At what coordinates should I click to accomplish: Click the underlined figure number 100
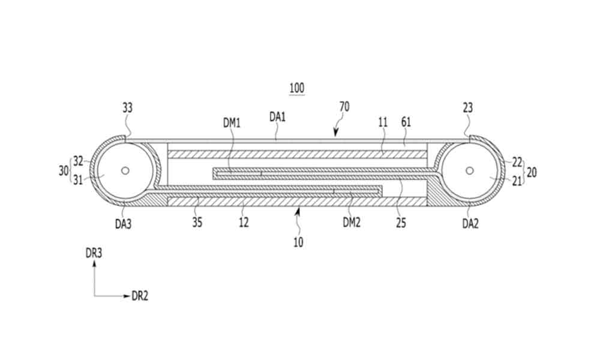(x=297, y=88)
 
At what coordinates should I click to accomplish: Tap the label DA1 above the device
(x=277, y=116)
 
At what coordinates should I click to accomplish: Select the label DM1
(x=231, y=123)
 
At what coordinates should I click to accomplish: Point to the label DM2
(x=352, y=222)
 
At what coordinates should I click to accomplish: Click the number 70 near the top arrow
(x=344, y=107)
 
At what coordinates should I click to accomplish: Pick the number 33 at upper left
(x=127, y=108)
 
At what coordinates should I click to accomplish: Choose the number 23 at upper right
(x=467, y=108)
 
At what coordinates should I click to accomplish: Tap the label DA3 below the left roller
(x=123, y=223)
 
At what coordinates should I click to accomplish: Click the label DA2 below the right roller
(x=470, y=223)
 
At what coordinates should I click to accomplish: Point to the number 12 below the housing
(x=244, y=222)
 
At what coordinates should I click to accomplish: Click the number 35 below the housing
(x=197, y=222)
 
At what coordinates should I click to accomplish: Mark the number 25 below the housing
(x=401, y=222)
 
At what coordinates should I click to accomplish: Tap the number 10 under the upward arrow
(x=298, y=242)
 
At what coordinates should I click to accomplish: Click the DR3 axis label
(x=94, y=253)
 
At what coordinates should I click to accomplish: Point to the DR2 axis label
(x=140, y=296)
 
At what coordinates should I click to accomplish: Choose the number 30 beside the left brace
(x=64, y=170)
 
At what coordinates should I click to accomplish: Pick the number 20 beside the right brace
(x=532, y=173)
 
